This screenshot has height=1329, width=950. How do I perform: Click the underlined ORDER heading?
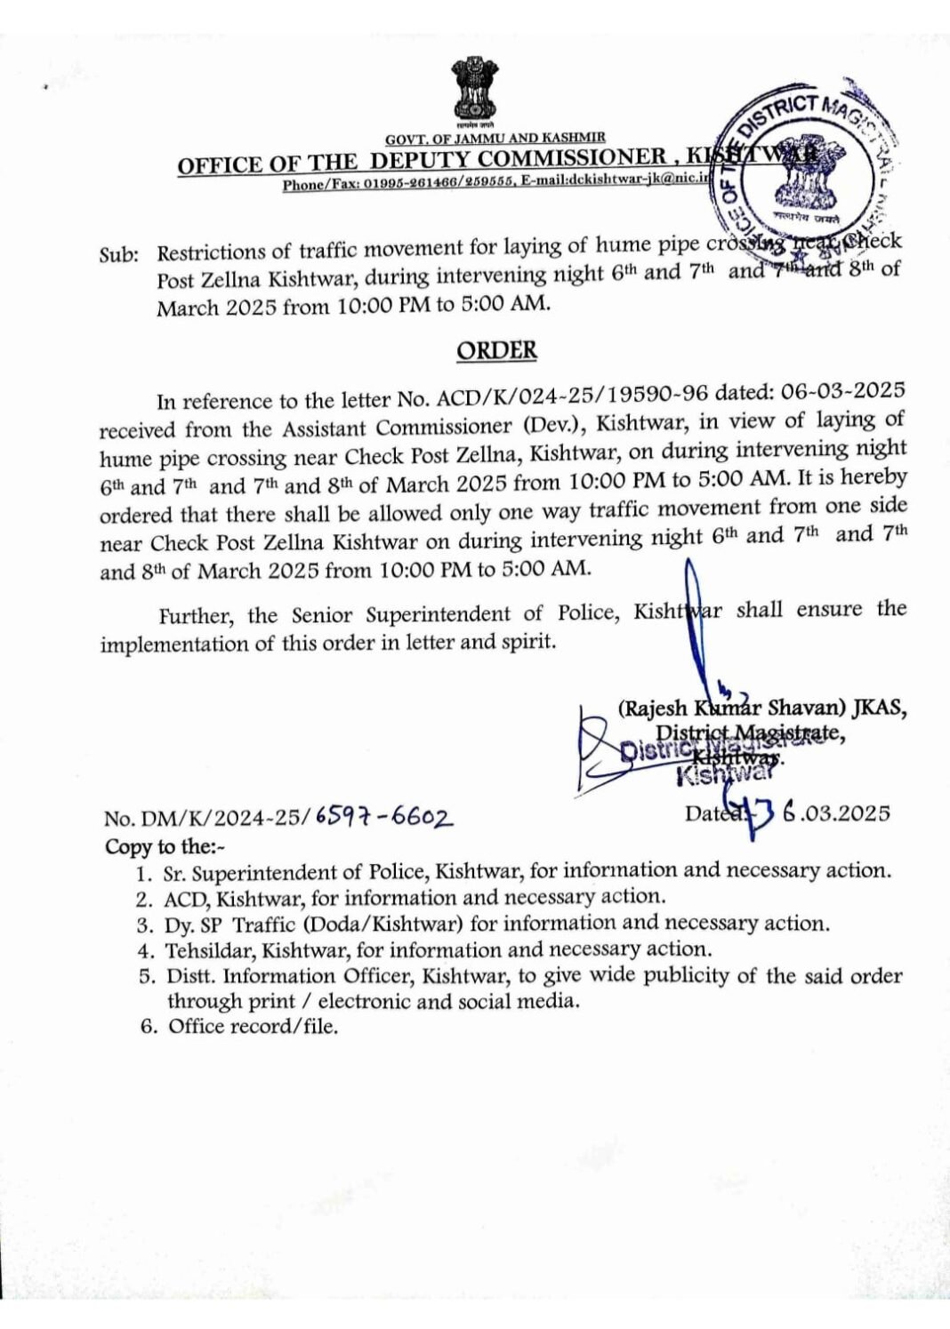click(x=496, y=351)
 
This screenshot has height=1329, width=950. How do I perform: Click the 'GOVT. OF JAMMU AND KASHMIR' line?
click(x=495, y=138)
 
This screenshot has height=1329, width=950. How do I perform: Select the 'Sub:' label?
click(x=119, y=254)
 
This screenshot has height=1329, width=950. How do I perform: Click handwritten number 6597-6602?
click(x=383, y=817)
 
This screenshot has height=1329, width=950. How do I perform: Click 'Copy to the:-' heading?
click(x=165, y=846)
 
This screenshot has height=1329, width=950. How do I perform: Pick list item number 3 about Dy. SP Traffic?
click(x=496, y=924)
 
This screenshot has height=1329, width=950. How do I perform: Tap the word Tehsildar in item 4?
click(x=211, y=949)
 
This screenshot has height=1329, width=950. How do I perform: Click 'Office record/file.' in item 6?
click(x=254, y=1027)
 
